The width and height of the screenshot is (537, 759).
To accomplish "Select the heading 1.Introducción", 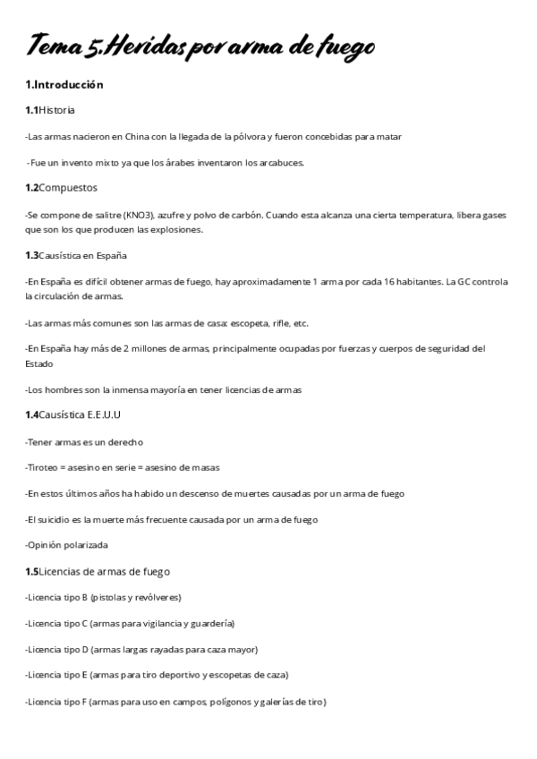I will click(x=64, y=85).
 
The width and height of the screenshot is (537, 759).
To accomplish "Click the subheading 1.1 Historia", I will click(x=50, y=110).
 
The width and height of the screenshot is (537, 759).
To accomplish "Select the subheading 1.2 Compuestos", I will click(x=62, y=188).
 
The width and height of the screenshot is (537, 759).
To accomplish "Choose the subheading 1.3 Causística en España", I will click(x=70, y=255).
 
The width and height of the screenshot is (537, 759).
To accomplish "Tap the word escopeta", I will click(x=237, y=323).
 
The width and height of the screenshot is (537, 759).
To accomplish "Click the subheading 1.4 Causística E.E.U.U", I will click(x=72, y=414).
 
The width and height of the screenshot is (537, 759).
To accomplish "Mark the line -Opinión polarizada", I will click(x=67, y=545).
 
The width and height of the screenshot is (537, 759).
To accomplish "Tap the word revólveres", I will click(x=157, y=597).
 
